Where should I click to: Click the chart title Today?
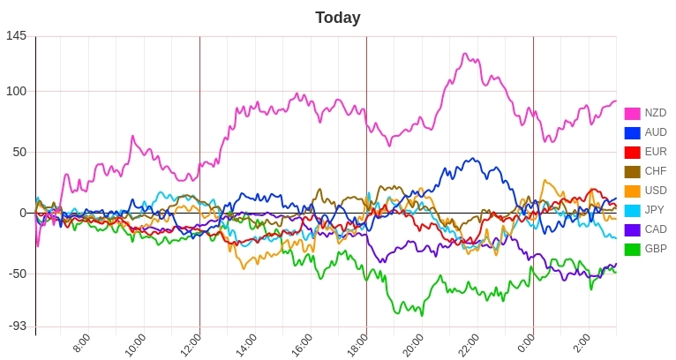[x=337, y=18]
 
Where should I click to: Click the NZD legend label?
[x=655, y=113]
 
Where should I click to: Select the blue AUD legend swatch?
[x=632, y=132]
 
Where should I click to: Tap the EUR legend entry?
[x=655, y=152]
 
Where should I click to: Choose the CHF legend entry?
[x=655, y=171]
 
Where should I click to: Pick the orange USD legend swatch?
[x=632, y=191]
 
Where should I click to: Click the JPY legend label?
[x=655, y=210]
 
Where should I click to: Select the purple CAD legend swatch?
[x=632, y=229]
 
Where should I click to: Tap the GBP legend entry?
[x=655, y=249]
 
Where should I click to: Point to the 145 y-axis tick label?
[x=16, y=36]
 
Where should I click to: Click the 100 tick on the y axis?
[x=16, y=91]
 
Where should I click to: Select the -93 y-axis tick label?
[x=16, y=326]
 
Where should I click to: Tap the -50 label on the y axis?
[x=16, y=274]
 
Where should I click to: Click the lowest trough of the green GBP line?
[x=422, y=315]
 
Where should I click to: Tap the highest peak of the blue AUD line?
[x=475, y=159]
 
